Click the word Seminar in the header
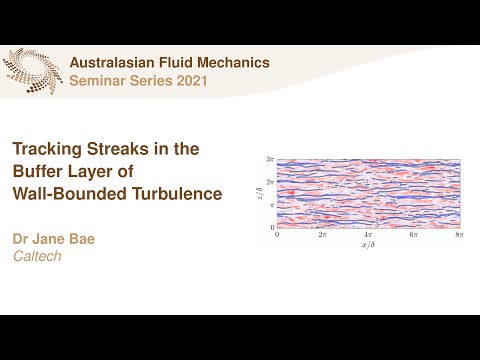(x=97, y=80)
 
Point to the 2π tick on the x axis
(x=322, y=234)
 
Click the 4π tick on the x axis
(x=368, y=234)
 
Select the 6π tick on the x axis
(x=413, y=234)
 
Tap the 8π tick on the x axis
(x=458, y=234)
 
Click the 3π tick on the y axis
(x=269, y=160)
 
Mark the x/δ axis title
(x=367, y=244)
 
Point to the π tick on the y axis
(x=271, y=204)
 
